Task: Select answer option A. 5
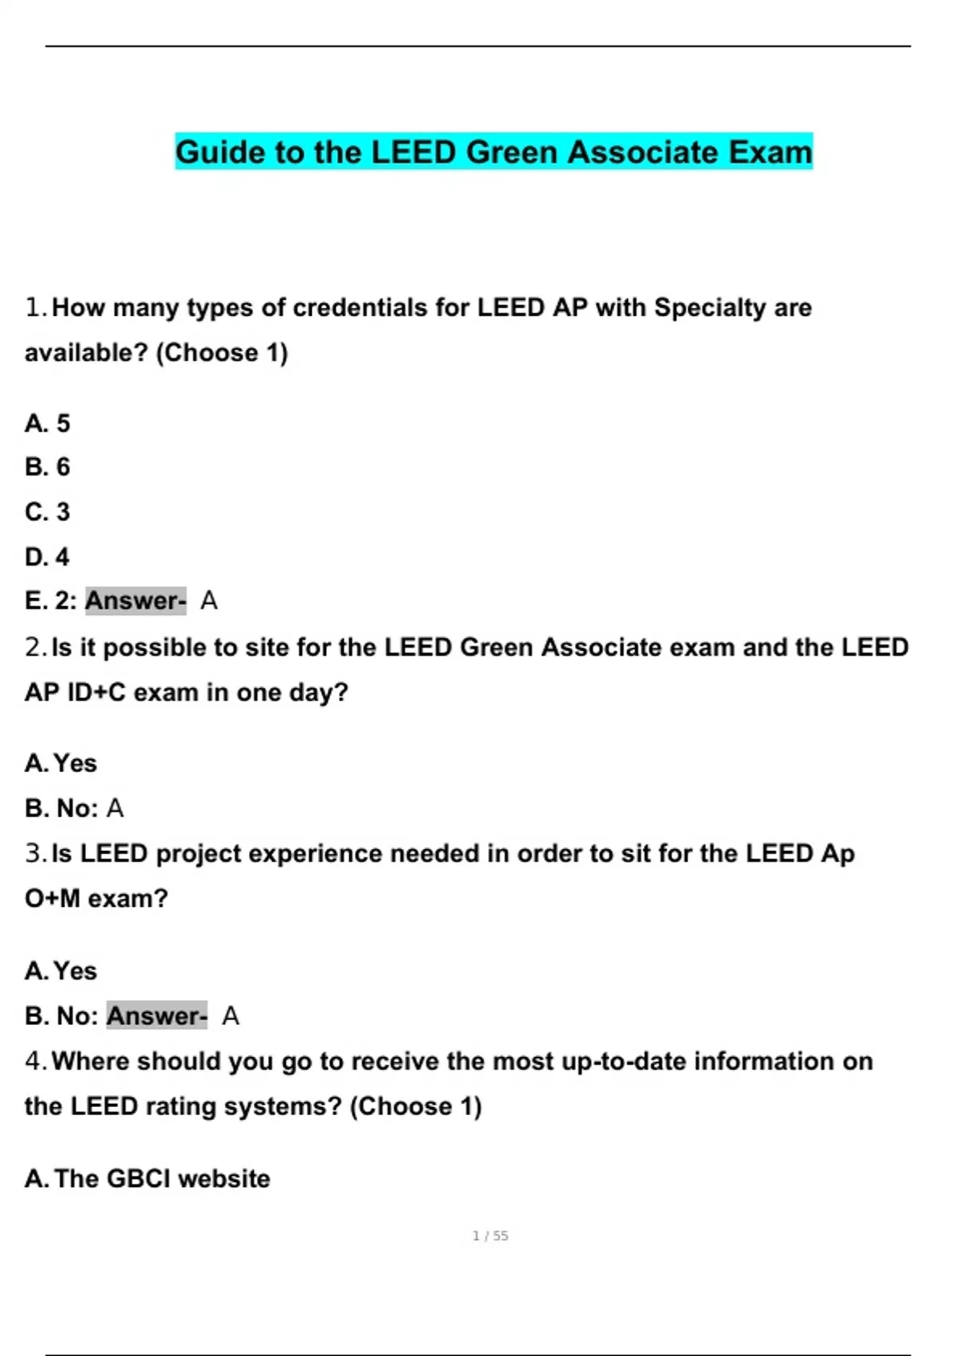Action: [48, 423]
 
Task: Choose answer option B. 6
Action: [48, 467]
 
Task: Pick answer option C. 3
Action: [48, 511]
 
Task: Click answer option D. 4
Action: [48, 556]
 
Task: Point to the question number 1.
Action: [35, 308]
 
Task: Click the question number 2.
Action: [35, 647]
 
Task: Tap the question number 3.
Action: [35, 853]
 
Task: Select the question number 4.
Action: [35, 1061]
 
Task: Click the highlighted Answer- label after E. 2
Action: [136, 601]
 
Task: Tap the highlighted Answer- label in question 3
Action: [157, 1015]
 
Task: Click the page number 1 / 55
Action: [490, 1236]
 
